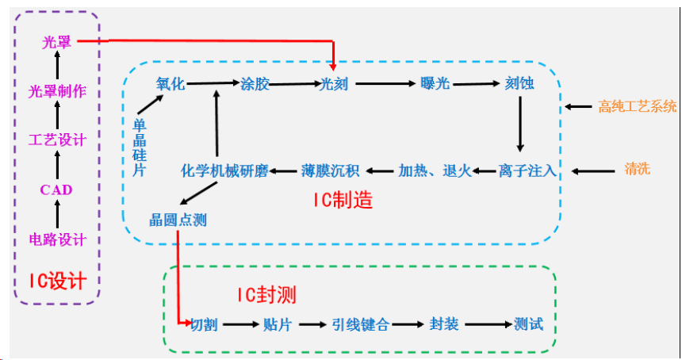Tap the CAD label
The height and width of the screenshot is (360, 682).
[56, 190]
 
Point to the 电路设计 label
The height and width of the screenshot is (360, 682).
[57, 239]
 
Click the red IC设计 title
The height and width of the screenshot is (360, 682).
[57, 280]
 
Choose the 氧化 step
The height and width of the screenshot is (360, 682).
[171, 83]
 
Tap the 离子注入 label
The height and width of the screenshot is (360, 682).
[527, 170]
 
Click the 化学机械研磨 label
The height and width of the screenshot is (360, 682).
[224, 170]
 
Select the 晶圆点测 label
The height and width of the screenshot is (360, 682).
[178, 220]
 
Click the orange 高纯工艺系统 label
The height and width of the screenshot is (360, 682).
[638, 106]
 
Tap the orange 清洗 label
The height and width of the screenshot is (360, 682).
[637, 169]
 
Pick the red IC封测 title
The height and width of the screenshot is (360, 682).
[266, 296]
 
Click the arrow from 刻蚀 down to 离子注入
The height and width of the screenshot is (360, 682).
[519, 124]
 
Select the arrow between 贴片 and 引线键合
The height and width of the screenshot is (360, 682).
[312, 324]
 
